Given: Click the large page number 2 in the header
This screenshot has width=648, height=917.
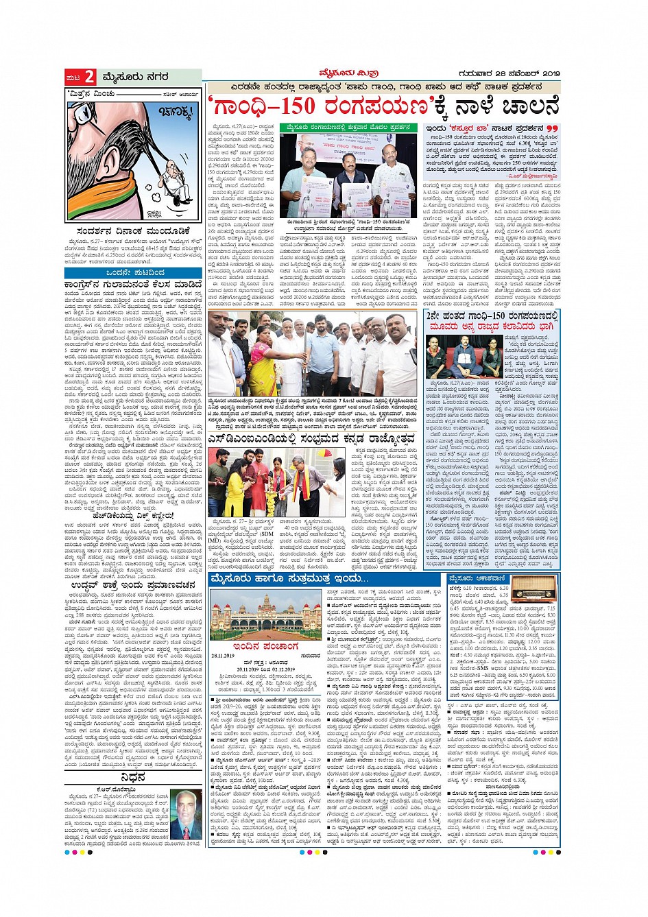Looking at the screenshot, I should click(90, 77).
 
